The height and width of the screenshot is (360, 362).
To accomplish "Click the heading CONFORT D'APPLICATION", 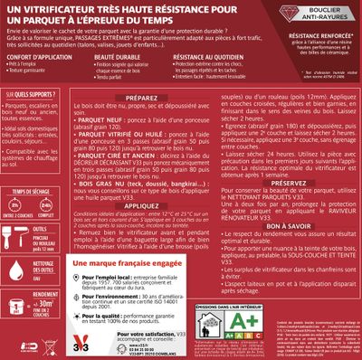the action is pos(37,55).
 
